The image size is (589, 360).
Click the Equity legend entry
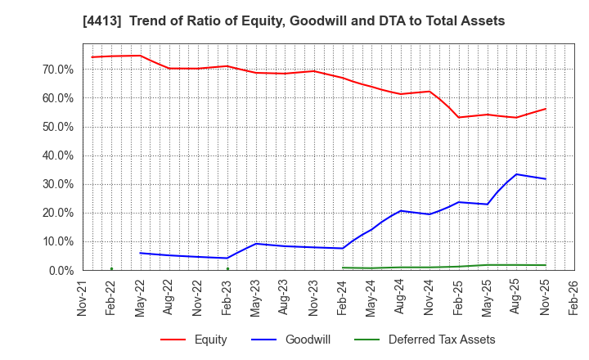tap(210, 340)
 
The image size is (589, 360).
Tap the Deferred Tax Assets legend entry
tap(442, 340)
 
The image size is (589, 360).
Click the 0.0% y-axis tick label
tap(59, 270)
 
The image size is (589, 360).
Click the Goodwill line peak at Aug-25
tap(516, 174)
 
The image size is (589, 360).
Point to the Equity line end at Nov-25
tap(546, 109)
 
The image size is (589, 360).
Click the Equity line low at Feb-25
tap(458, 117)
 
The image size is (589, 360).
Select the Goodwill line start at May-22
tap(141, 253)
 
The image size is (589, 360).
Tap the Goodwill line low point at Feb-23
tap(227, 258)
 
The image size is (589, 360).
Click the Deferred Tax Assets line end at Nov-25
tap(546, 265)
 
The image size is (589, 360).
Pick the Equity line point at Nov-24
tap(429, 92)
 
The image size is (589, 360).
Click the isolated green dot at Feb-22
tap(111, 268)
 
